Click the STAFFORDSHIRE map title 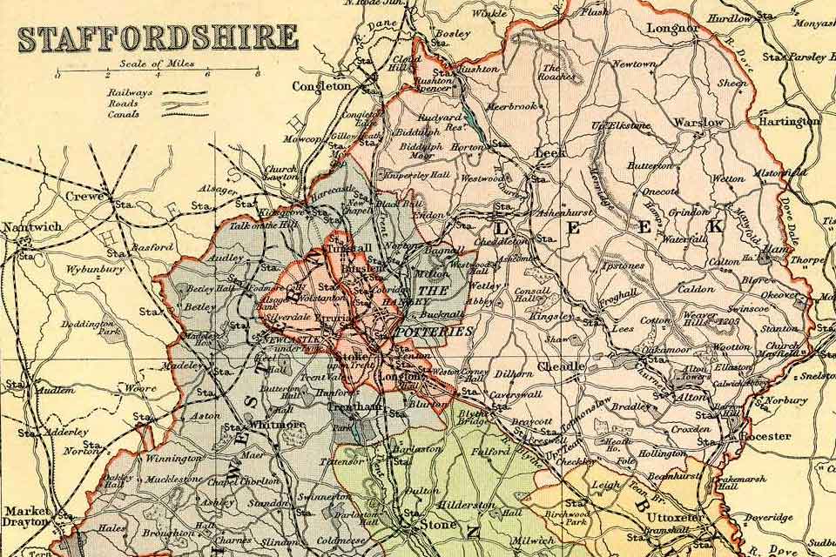pos(158,38)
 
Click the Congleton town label pos(321,87)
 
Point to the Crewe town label pos(85,197)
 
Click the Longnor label pos(672,29)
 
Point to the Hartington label pos(789,122)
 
